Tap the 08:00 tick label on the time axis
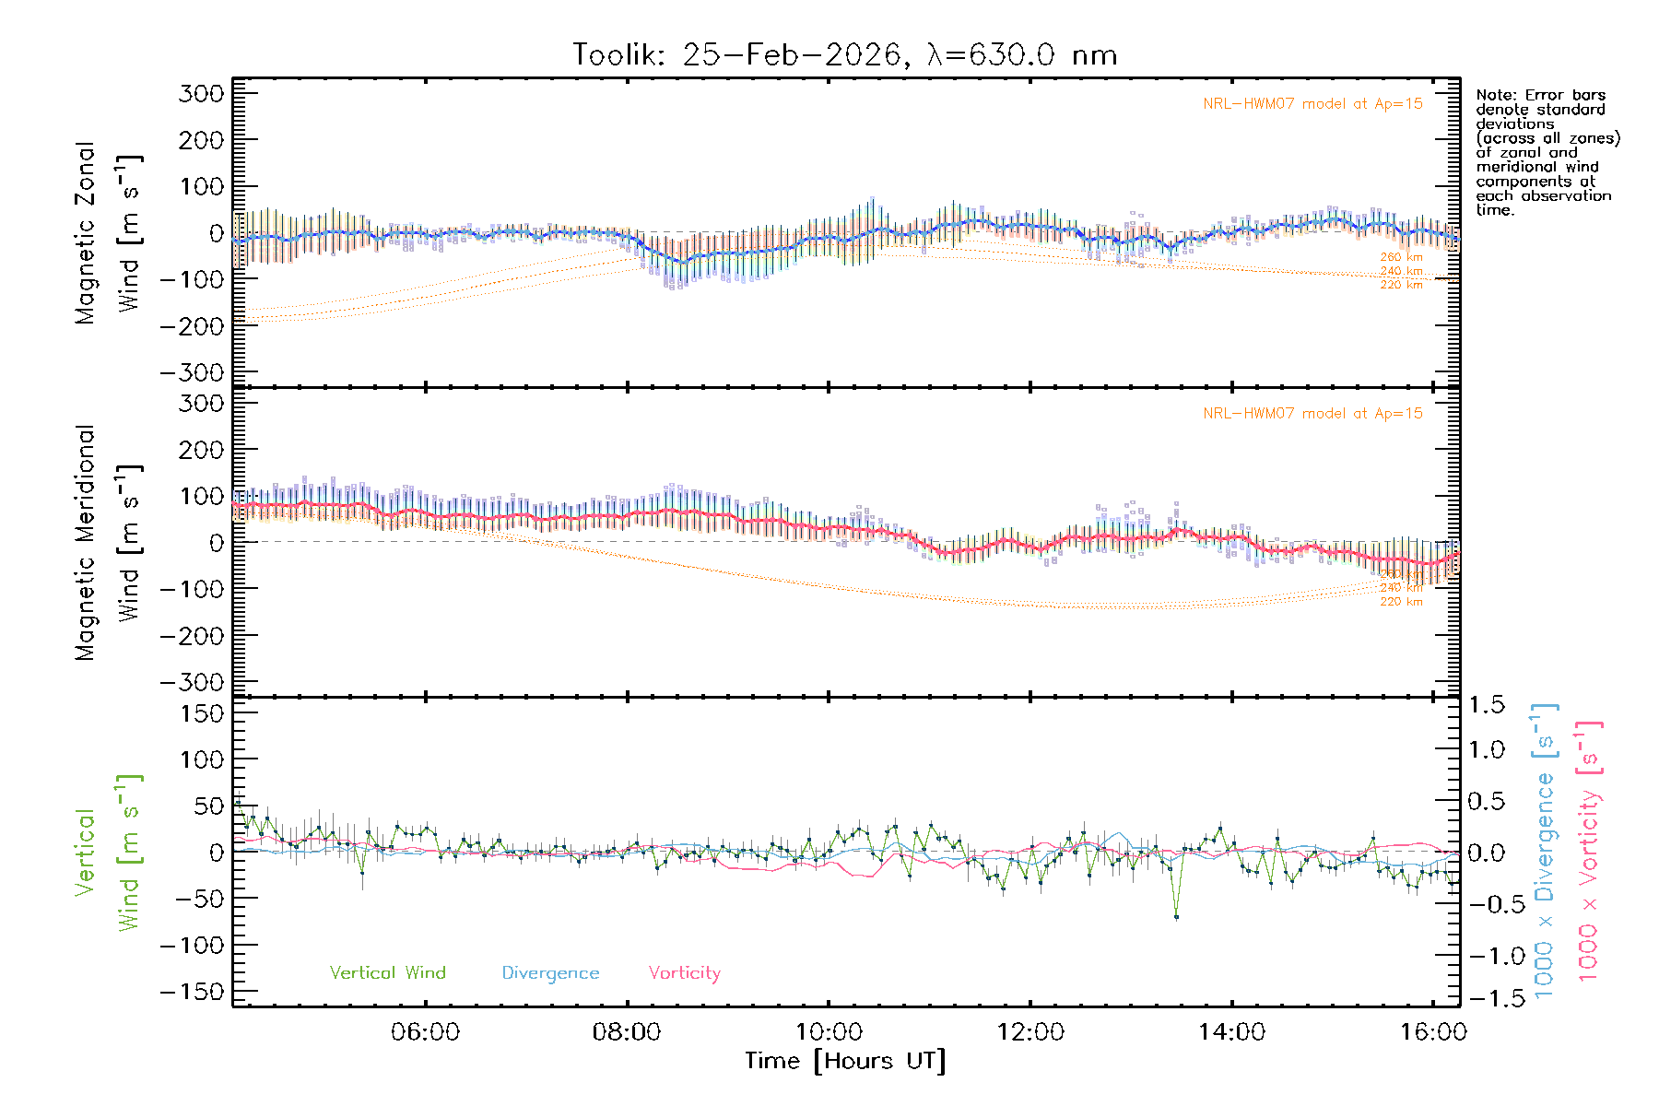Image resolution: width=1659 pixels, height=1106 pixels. [626, 1032]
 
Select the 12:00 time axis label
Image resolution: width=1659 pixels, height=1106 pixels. [1030, 1032]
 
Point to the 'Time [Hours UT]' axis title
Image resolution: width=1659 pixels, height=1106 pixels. [845, 1062]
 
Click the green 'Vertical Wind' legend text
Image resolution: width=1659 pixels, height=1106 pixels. [387, 972]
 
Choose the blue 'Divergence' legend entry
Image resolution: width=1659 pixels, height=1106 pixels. [550, 973]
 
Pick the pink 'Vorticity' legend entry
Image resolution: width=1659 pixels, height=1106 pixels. [684, 972]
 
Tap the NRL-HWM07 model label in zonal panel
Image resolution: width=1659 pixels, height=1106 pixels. [1312, 104]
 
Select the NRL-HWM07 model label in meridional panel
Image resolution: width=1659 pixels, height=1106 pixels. [1312, 414]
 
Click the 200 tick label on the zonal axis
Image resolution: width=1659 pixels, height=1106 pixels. [201, 140]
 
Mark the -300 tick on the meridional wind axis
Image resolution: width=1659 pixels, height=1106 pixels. [192, 682]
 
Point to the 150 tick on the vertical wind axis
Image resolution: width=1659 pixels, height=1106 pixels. [201, 713]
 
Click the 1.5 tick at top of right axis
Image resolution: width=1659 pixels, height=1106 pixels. [1486, 705]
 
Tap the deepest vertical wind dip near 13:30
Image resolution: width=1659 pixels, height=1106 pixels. [1176, 916]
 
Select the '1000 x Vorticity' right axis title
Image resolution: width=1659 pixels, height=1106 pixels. [1589, 852]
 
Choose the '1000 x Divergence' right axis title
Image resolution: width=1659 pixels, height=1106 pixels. [1545, 852]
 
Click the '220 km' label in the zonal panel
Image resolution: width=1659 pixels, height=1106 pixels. [1401, 285]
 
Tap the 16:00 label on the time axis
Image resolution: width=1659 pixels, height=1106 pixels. [1432, 1032]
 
